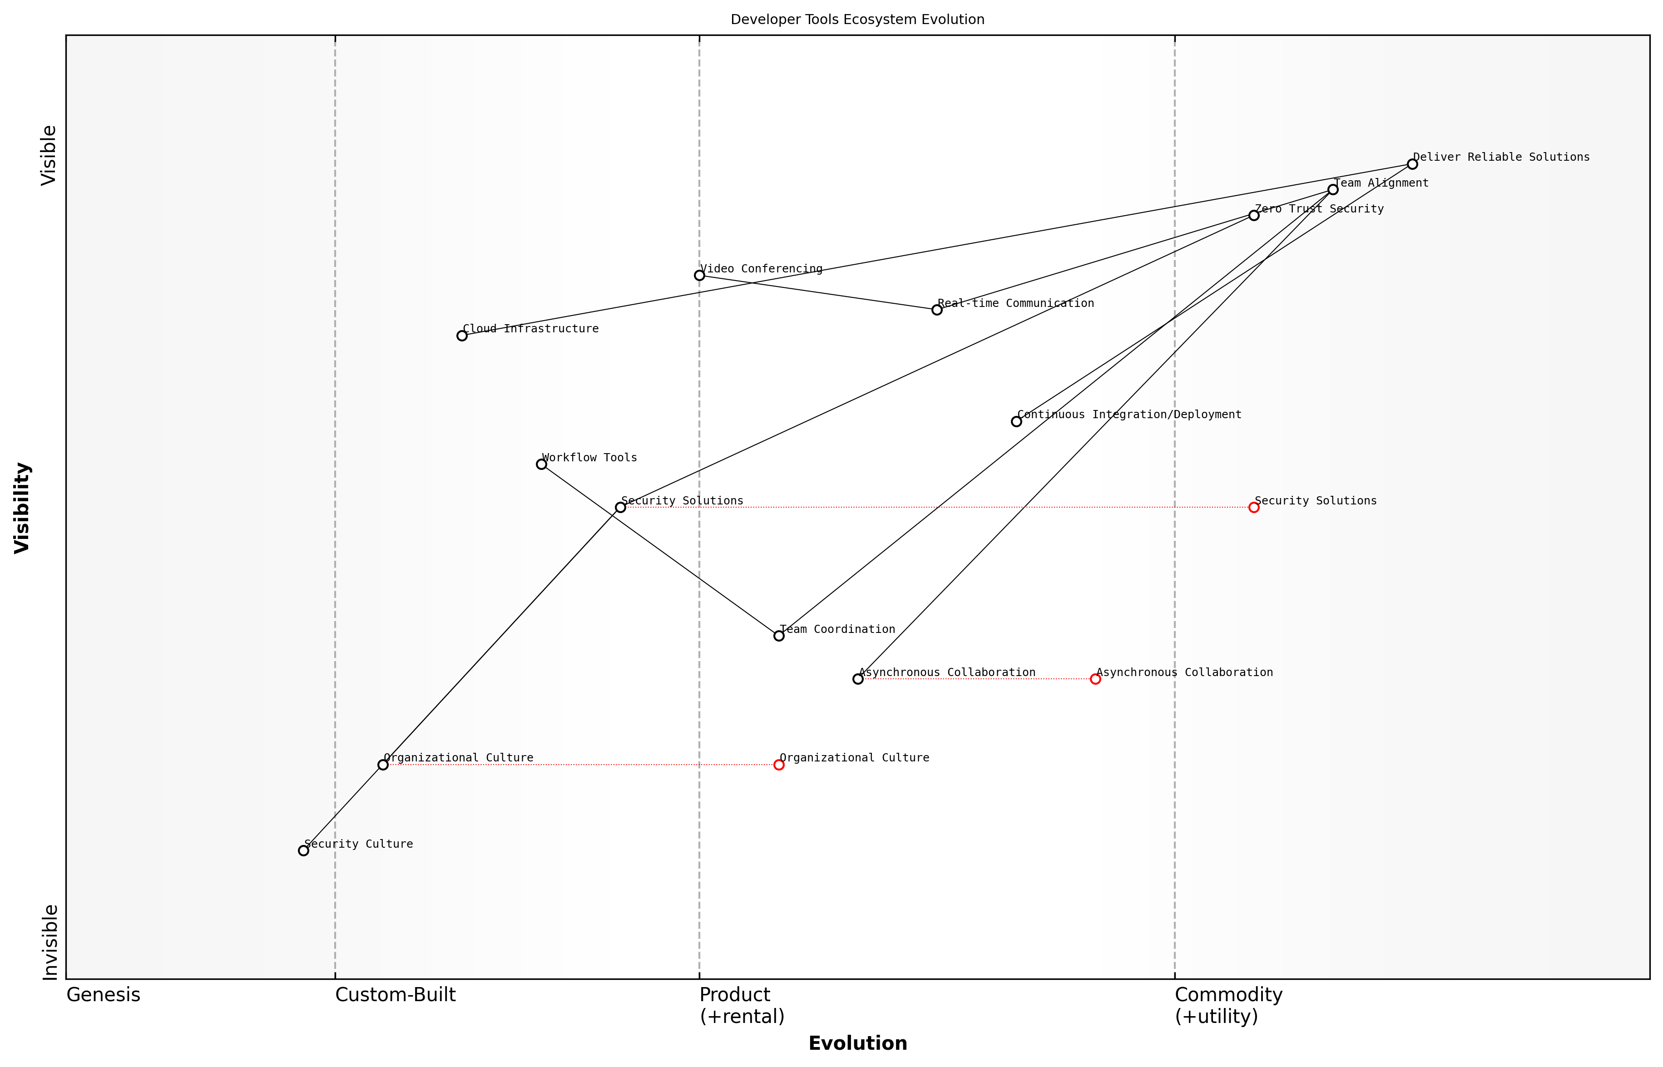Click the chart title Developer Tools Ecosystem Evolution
pyautogui.click(x=857, y=20)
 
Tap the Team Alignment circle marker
pyautogui.click(x=1332, y=190)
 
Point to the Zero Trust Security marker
pyautogui.click(x=1253, y=216)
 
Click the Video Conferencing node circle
pyautogui.click(x=699, y=276)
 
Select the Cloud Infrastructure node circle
pyautogui.click(x=461, y=336)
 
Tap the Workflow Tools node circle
pyautogui.click(x=541, y=464)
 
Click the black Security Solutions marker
pyautogui.click(x=620, y=507)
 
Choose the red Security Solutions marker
pyautogui.click(x=1253, y=507)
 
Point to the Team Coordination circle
pyautogui.click(x=779, y=635)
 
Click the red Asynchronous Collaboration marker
pyautogui.click(x=1095, y=679)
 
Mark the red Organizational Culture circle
pyautogui.click(x=779, y=765)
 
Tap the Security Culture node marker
pyautogui.click(x=303, y=851)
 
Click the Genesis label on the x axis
pyautogui.click(x=103, y=995)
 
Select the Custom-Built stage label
pyautogui.click(x=395, y=995)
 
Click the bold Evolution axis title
pyautogui.click(x=857, y=1043)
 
